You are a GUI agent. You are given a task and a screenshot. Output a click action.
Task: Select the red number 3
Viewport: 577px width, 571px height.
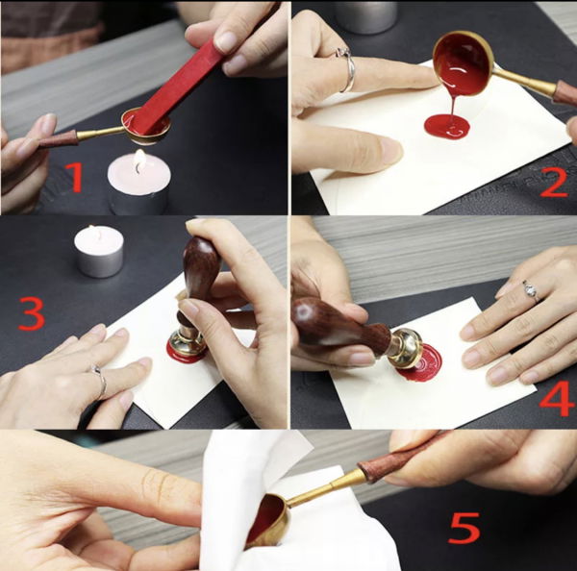[x=31, y=312]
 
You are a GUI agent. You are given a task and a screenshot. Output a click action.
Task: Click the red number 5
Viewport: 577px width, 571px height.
[x=464, y=527]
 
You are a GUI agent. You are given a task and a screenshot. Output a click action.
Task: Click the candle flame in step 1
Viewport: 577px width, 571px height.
[x=139, y=160]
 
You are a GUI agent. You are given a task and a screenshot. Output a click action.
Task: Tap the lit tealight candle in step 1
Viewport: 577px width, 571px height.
[x=138, y=183]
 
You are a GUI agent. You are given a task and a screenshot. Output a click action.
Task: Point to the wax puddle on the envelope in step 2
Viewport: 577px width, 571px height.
[x=448, y=126]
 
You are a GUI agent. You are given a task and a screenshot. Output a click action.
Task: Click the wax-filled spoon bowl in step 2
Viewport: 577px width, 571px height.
[x=464, y=63]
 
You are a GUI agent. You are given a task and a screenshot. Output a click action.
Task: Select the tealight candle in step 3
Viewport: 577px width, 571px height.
[x=99, y=252]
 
